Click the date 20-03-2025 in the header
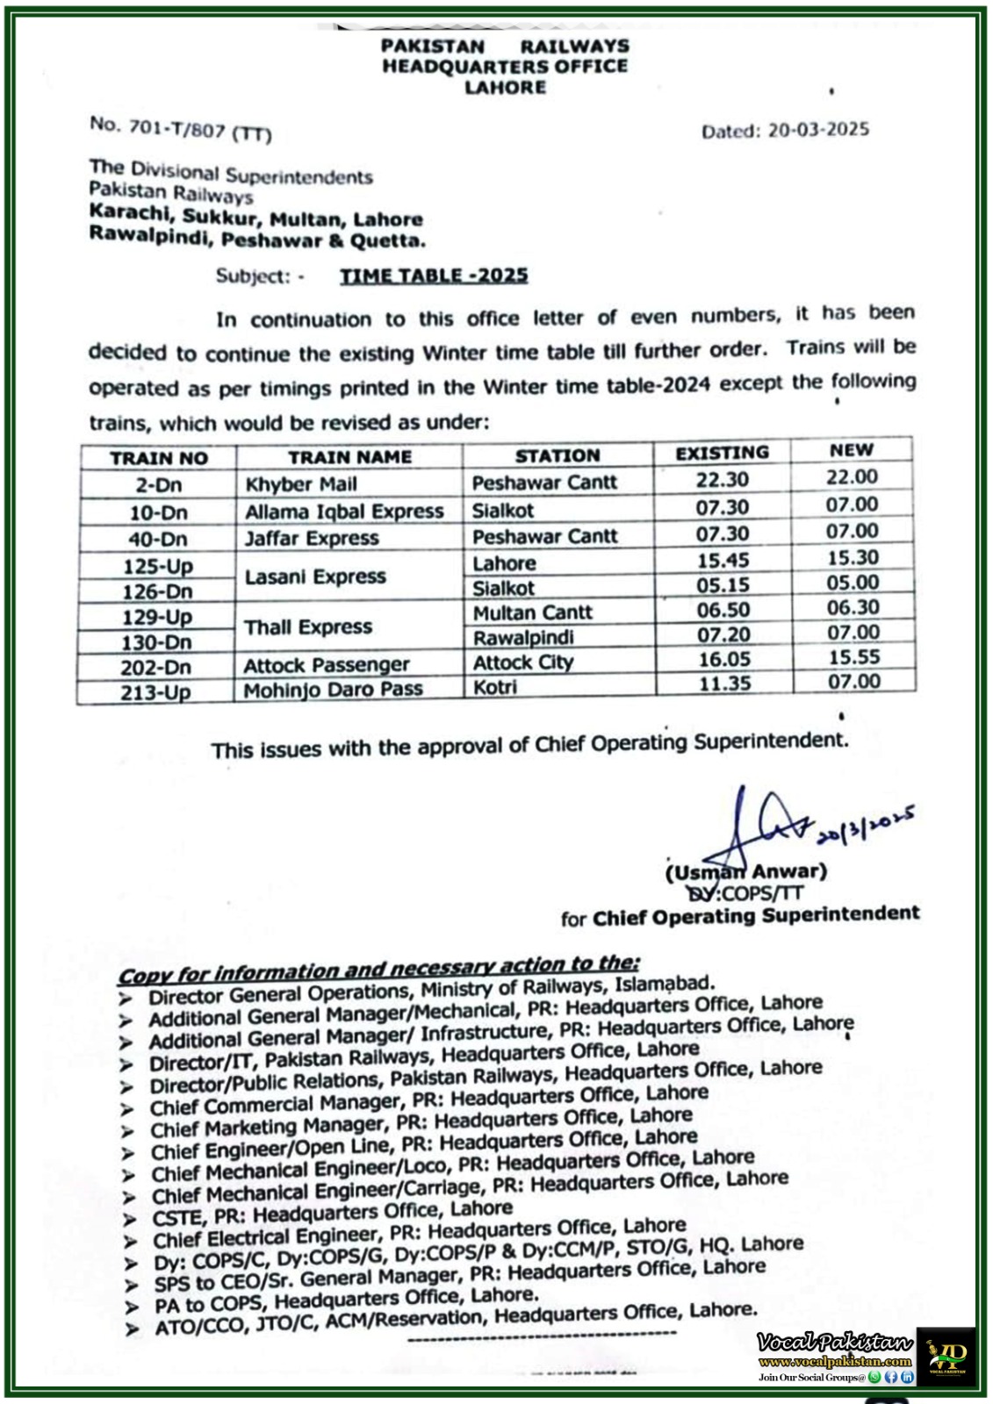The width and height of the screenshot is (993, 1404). [817, 130]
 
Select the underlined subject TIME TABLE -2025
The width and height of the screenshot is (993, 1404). [434, 276]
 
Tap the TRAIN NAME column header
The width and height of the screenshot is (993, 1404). [349, 457]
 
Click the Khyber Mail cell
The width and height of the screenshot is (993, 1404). [301, 484]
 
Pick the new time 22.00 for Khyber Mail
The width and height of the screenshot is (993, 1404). [851, 476]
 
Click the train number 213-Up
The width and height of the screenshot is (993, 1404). [155, 692]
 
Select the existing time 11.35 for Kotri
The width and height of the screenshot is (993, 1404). [723, 683]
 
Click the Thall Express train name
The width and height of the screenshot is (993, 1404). [308, 627]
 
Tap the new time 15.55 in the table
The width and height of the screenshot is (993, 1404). [853, 657]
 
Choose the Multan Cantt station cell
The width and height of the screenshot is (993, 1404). [532, 612]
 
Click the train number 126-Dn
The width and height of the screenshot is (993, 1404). [157, 591]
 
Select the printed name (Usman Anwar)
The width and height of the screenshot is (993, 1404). [745, 872]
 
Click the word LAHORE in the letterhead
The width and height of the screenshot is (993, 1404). [505, 87]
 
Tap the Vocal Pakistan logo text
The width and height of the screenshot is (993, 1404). [834, 1342]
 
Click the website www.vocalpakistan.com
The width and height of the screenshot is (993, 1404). [834, 1362]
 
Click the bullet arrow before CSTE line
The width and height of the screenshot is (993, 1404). [130, 1220]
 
